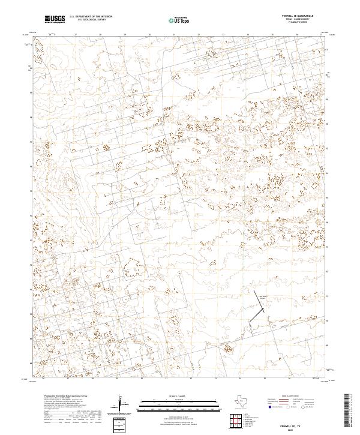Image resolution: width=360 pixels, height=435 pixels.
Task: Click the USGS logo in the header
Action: [x=55, y=19]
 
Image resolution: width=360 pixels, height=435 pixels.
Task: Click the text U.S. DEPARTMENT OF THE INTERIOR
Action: [x=91, y=16]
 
